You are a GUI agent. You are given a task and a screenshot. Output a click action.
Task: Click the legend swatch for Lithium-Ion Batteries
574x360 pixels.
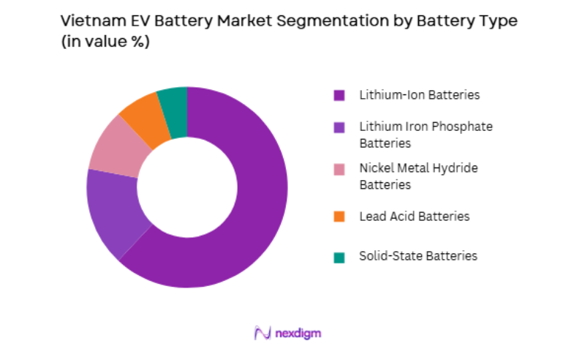(339, 95)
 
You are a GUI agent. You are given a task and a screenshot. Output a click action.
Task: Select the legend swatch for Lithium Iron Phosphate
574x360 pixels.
(339, 127)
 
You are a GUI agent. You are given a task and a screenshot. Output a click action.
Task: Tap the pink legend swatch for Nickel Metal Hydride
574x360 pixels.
(339, 169)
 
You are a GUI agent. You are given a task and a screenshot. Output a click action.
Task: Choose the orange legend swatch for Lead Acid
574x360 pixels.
(339, 217)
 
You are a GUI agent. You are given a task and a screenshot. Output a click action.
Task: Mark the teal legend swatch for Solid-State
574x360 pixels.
(339, 257)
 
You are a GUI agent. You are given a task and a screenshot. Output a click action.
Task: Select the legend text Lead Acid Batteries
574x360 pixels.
(414, 217)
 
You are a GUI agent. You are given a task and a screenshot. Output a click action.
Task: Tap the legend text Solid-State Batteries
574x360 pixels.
(418, 256)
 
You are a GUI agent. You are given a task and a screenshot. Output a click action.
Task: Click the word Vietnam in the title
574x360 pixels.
(90, 21)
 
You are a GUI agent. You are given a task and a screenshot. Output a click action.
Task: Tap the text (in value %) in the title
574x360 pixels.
(105, 42)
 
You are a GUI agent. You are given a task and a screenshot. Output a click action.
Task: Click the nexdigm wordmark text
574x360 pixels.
(298, 333)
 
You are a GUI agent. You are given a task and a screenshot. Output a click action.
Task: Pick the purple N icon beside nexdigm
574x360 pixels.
(262, 333)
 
